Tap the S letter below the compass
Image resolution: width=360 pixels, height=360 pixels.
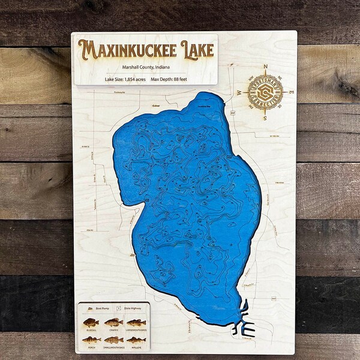click(x=265, y=118)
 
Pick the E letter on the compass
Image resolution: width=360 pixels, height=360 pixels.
click(x=292, y=93)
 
